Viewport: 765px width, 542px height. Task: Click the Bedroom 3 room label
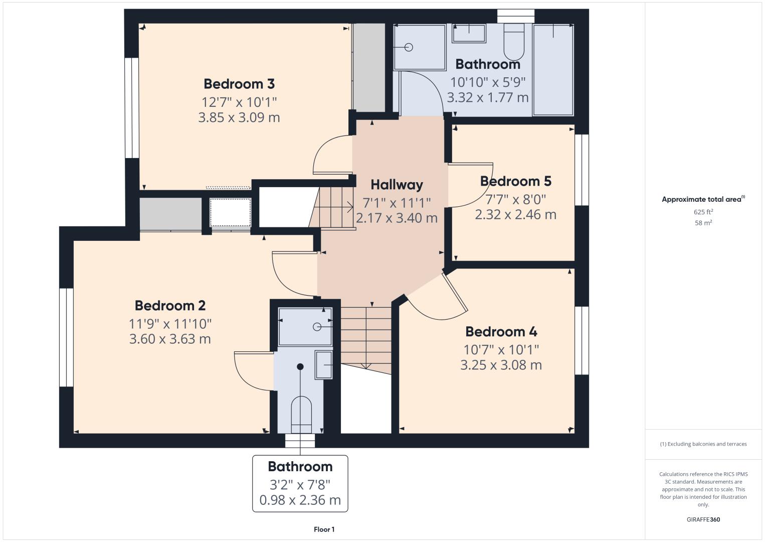tap(239, 84)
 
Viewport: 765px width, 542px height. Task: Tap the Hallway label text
tap(397, 185)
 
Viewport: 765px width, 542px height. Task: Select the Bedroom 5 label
tap(516, 181)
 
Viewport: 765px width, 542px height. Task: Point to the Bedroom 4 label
tap(501, 332)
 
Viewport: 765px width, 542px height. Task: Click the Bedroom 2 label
tap(170, 306)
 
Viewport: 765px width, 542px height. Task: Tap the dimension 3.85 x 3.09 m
tap(239, 117)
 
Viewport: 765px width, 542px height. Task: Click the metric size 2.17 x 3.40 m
tap(397, 218)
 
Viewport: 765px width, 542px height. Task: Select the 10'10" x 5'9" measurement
tap(488, 82)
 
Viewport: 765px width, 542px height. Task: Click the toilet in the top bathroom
tap(514, 42)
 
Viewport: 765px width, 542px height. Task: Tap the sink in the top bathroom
tap(469, 33)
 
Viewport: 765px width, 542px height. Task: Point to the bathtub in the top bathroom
tap(553, 70)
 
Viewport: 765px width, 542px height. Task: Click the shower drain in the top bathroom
tap(409, 47)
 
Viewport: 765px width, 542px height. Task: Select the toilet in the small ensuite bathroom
tap(301, 415)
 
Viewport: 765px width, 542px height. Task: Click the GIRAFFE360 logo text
tap(703, 519)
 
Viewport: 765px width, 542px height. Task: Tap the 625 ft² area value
tap(703, 212)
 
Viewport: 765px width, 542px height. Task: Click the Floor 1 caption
tap(324, 529)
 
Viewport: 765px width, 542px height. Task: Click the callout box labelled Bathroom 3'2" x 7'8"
tap(300, 483)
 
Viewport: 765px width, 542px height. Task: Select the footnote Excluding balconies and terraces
tap(703, 444)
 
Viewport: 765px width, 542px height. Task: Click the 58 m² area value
tap(703, 223)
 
